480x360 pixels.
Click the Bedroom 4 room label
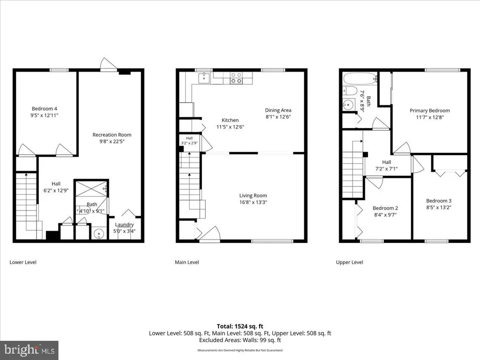point(45,109)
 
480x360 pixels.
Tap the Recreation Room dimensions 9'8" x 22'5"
point(112,142)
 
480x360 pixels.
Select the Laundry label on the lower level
point(124,225)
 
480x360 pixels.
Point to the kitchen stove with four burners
point(236,78)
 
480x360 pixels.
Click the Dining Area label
point(278,110)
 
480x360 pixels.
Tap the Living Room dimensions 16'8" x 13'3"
point(253,202)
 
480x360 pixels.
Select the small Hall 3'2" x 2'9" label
point(189,141)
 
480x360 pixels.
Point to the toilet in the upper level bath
point(350,90)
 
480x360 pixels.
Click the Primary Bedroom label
point(430,111)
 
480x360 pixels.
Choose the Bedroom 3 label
point(439,201)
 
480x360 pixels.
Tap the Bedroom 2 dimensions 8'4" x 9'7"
point(385,215)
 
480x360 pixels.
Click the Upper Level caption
point(350,262)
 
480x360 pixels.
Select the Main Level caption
point(187,262)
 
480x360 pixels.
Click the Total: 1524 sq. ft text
point(240,326)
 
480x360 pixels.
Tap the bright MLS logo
point(29,350)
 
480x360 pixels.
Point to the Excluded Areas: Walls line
point(240,340)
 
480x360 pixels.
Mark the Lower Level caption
point(23,262)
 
